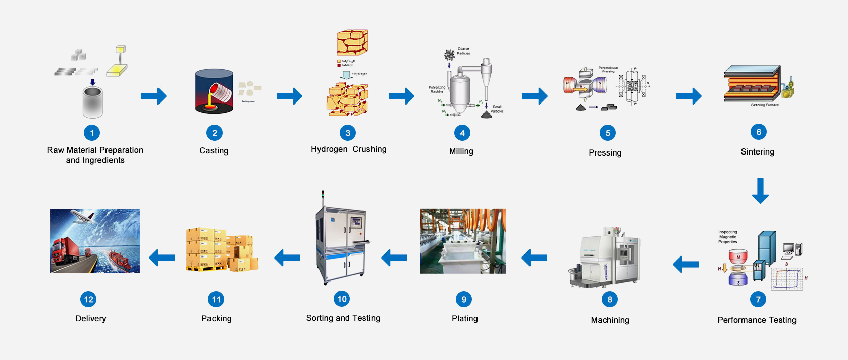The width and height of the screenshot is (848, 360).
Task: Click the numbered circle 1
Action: coord(92,133)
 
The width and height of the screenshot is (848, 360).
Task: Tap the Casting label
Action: coord(214,150)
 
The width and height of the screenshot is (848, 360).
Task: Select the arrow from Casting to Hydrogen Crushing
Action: coord(289,96)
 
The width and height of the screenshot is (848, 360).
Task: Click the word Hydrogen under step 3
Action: coord(329,149)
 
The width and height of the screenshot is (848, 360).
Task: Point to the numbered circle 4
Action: coord(462,133)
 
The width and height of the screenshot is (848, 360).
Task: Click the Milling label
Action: coord(461,151)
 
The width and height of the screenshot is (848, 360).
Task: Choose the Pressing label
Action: coord(605,152)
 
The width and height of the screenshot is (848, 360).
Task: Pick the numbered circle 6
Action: coord(758,132)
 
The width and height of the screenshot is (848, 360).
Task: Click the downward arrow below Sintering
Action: coord(760,190)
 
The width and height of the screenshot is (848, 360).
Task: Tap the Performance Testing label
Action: coord(757,320)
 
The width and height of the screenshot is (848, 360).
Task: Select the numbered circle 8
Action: coord(610,299)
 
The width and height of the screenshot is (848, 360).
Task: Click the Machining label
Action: coord(610,320)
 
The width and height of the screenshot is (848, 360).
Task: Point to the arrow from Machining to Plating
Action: coord(534,258)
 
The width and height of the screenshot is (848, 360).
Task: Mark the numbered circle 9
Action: coord(464,299)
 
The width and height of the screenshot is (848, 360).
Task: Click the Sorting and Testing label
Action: coord(343,318)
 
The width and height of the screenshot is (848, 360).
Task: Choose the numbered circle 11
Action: coord(216,299)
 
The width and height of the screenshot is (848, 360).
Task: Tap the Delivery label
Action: coord(90,318)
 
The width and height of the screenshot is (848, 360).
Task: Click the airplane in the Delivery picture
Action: coord(82,217)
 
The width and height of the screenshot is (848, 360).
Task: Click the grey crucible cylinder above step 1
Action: coord(93,102)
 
